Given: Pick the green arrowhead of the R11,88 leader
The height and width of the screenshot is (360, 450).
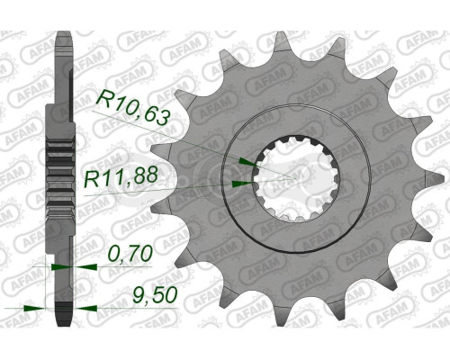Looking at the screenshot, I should (x=239, y=182).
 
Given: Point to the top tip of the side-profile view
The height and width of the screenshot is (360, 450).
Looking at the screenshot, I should (x=64, y=36).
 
